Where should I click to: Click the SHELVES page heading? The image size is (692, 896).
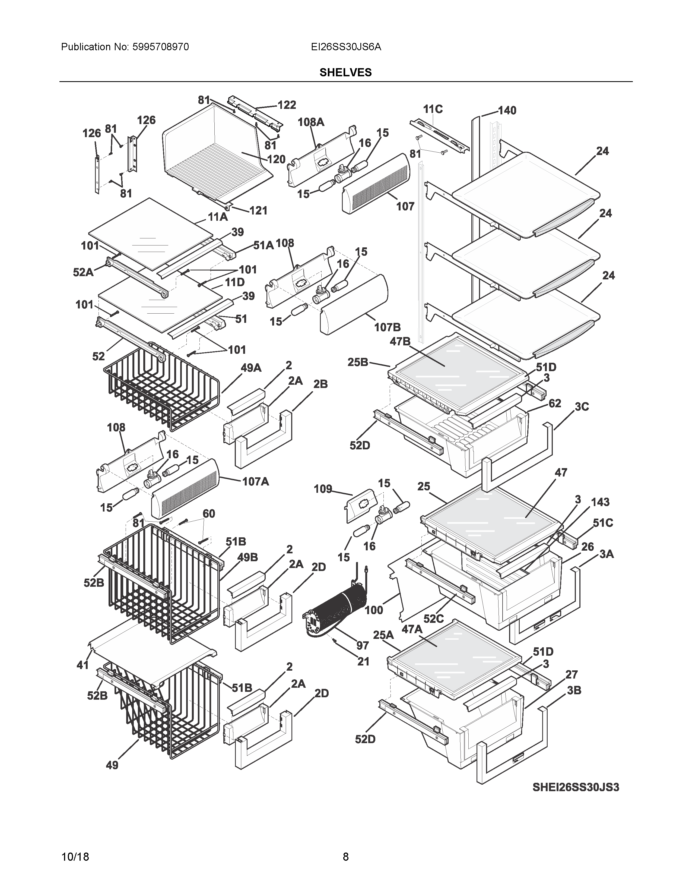[x=345, y=72]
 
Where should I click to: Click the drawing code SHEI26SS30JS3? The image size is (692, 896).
[x=576, y=787]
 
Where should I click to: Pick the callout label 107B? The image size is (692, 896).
[x=387, y=327]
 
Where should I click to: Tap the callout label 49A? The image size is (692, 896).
[x=251, y=368]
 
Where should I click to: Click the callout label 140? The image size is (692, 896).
[x=507, y=110]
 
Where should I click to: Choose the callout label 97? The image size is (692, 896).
[x=362, y=646]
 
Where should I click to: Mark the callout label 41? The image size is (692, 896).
[x=83, y=665]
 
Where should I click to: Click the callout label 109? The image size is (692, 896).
[x=323, y=489]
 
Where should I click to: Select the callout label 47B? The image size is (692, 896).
[x=400, y=341]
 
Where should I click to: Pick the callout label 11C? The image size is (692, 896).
[x=433, y=109]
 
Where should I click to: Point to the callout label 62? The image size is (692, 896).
[x=555, y=403]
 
